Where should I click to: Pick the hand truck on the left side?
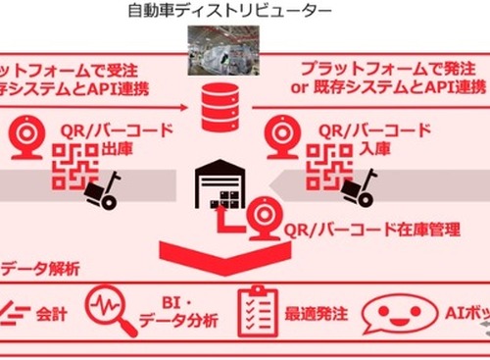[x=101, y=191]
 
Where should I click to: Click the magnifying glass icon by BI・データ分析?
[x=111, y=307]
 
